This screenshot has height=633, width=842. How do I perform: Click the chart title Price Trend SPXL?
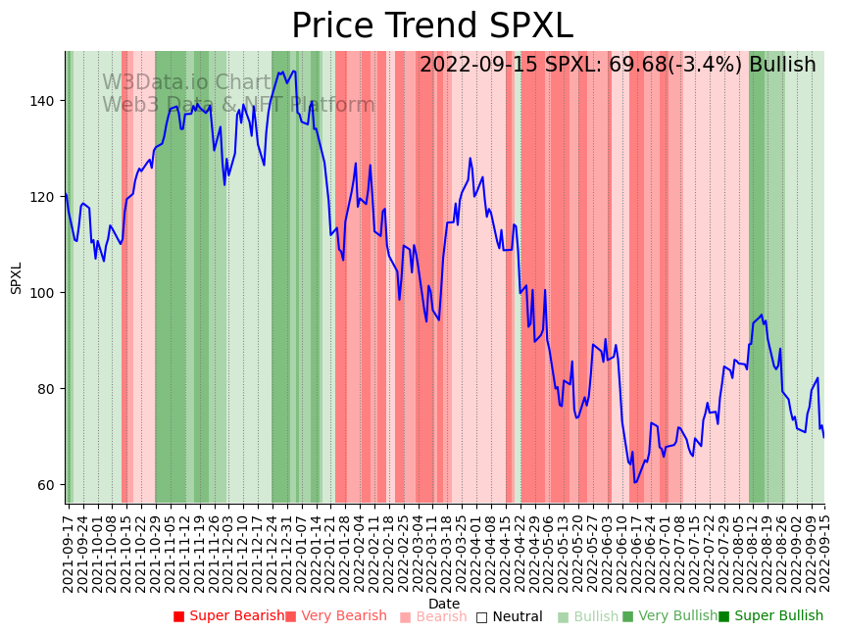pyautogui.click(x=432, y=26)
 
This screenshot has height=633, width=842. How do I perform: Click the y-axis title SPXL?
pyautogui.click(x=16, y=277)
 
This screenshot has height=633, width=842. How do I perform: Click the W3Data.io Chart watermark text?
pyautogui.click(x=186, y=83)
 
